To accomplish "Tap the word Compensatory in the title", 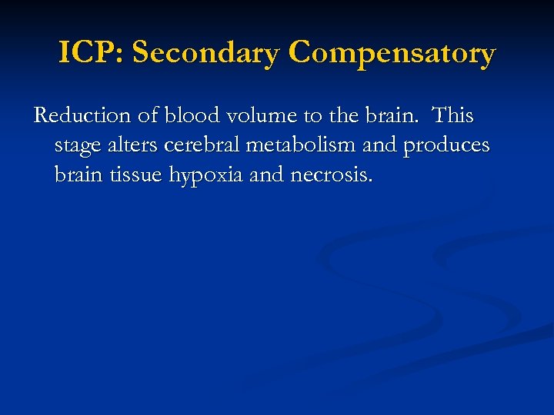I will (392, 55).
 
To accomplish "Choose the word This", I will (453, 116).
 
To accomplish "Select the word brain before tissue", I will (78, 176).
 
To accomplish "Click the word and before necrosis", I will (267, 176).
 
